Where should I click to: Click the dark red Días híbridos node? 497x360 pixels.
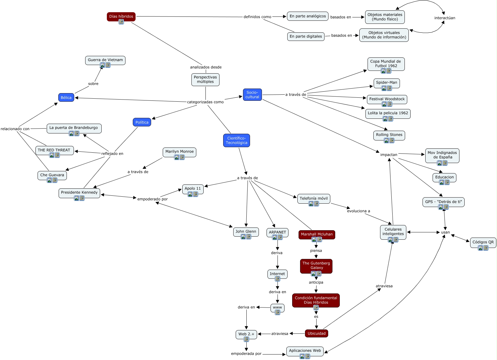click(121, 16)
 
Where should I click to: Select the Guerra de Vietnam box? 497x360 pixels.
click(105, 60)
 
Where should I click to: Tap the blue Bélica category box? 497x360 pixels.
click(66, 98)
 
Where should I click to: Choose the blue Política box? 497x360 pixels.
click(142, 122)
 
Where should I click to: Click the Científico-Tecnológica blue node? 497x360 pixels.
click(236, 140)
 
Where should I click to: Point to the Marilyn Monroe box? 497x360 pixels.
click(179, 151)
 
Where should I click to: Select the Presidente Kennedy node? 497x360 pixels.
click(79, 192)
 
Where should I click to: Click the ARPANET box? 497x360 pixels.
click(277, 232)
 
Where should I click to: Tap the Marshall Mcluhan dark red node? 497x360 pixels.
click(317, 234)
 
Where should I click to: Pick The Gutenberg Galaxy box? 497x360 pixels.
click(316, 265)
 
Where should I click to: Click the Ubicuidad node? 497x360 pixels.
click(316, 333)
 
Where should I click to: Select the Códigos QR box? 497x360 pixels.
click(483, 242)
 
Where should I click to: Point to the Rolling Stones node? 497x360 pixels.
click(389, 135)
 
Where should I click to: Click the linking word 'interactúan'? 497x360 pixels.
click(444, 18)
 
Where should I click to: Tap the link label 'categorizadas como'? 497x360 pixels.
click(205, 102)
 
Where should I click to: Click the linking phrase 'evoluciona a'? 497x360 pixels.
click(358, 211)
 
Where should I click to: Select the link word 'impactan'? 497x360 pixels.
click(389, 155)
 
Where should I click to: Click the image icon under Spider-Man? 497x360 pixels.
click(384, 88)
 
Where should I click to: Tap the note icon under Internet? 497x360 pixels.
click(278, 279)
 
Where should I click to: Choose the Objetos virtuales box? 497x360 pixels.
click(384, 35)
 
